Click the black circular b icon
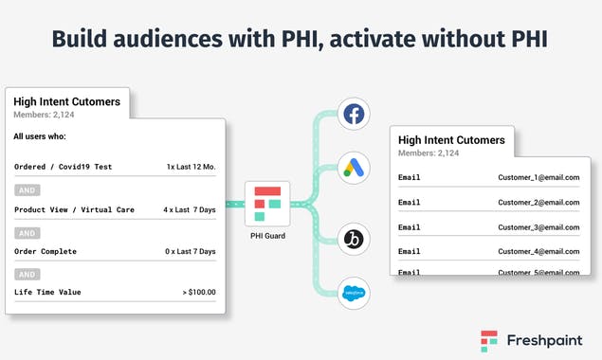354,237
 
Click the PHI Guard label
269,235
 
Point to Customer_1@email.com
538,177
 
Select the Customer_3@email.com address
538,227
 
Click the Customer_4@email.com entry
538,251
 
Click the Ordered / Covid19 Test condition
63,167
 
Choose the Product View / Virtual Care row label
74,209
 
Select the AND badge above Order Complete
27,233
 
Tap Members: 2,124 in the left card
45,115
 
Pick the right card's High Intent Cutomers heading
451,140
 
